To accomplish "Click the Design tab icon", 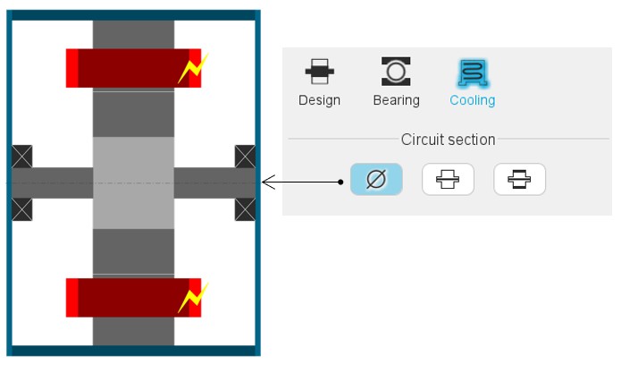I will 319,72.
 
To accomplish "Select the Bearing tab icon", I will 396,72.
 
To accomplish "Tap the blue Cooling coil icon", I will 472,72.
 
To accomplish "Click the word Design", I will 319,100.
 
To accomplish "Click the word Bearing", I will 396,100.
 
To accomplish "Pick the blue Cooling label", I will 472,100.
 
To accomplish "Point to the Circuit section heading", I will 448,140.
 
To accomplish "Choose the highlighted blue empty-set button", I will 376,180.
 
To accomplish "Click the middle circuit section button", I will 448,180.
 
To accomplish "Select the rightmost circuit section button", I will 519,180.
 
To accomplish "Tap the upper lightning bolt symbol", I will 192,69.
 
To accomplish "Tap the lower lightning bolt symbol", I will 192,297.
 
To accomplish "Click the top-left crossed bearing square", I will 22,156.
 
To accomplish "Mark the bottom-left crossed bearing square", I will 22,210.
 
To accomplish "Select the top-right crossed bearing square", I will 245,156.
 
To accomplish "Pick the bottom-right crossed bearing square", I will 245,210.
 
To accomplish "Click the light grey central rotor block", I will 133,182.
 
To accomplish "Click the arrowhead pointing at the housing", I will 265,182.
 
